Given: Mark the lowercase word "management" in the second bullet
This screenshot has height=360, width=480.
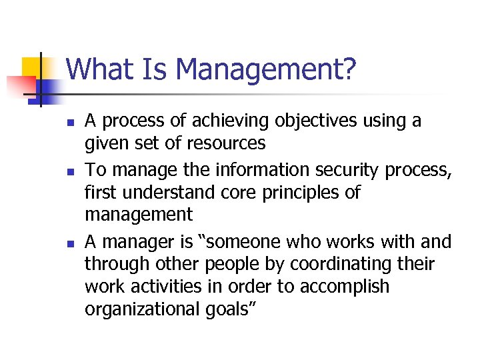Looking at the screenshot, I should tap(138, 215).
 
